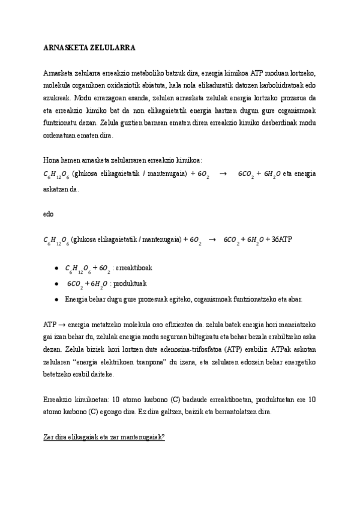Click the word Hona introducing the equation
coord(53,160)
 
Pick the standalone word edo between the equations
coord(49,214)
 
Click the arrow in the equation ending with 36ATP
coord(211,239)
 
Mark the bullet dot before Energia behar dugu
coord(56,299)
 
